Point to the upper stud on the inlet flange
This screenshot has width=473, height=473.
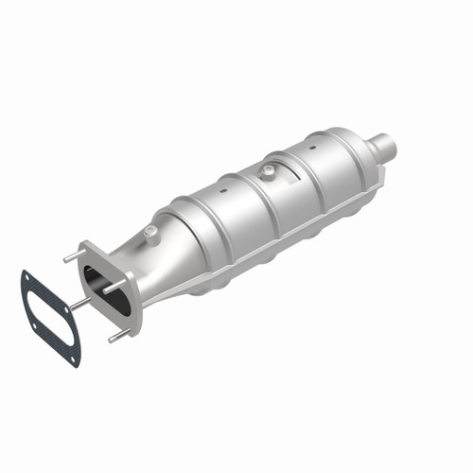[70, 257]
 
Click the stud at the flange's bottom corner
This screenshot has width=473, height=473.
[114, 336]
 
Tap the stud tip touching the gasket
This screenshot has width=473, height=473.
[75, 306]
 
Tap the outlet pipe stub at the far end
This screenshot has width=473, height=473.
[382, 149]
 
